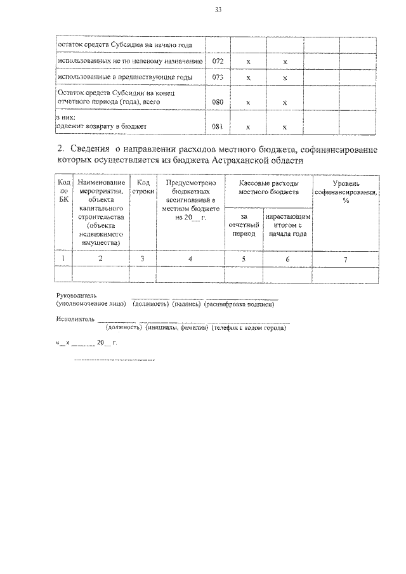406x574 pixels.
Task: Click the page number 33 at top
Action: click(x=218, y=10)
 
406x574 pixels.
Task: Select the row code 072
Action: click(x=217, y=62)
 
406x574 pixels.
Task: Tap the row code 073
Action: click(x=217, y=77)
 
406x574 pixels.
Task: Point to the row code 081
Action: click(x=217, y=126)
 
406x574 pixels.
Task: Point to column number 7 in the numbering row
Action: click(x=346, y=258)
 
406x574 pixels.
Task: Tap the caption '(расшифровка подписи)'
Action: click(x=239, y=304)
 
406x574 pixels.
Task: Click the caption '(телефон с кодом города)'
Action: click(x=249, y=328)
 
